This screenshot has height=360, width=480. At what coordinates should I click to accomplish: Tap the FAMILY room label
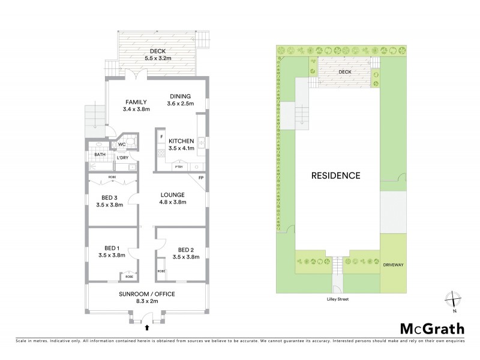(x=136, y=105)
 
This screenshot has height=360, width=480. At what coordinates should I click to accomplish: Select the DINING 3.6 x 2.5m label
(x=179, y=100)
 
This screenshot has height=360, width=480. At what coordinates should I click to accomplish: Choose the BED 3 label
(x=109, y=200)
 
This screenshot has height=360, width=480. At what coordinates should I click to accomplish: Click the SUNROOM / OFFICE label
(x=147, y=297)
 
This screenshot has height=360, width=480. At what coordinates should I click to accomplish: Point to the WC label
(x=121, y=145)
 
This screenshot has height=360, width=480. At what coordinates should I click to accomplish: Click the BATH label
(x=100, y=155)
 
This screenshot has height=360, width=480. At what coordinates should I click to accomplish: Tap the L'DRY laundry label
(x=122, y=158)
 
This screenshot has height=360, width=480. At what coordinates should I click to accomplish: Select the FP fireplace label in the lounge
(x=201, y=178)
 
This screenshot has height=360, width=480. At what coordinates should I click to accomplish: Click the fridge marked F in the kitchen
(x=162, y=137)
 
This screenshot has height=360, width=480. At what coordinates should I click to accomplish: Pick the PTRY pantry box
(x=178, y=167)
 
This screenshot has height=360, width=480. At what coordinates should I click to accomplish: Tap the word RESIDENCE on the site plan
(x=335, y=176)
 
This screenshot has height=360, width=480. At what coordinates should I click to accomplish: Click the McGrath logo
(x=431, y=329)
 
